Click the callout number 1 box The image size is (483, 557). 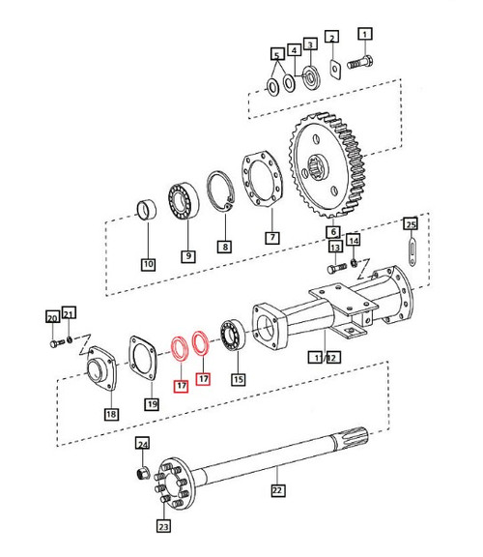coord(365,37)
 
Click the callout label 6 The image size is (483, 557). coord(332,232)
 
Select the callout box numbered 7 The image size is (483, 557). coord(271,236)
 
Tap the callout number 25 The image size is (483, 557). coord(410,224)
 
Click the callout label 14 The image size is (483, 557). coord(354,240)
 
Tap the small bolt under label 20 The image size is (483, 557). coord(54,340)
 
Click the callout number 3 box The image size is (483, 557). coord(310,44)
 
